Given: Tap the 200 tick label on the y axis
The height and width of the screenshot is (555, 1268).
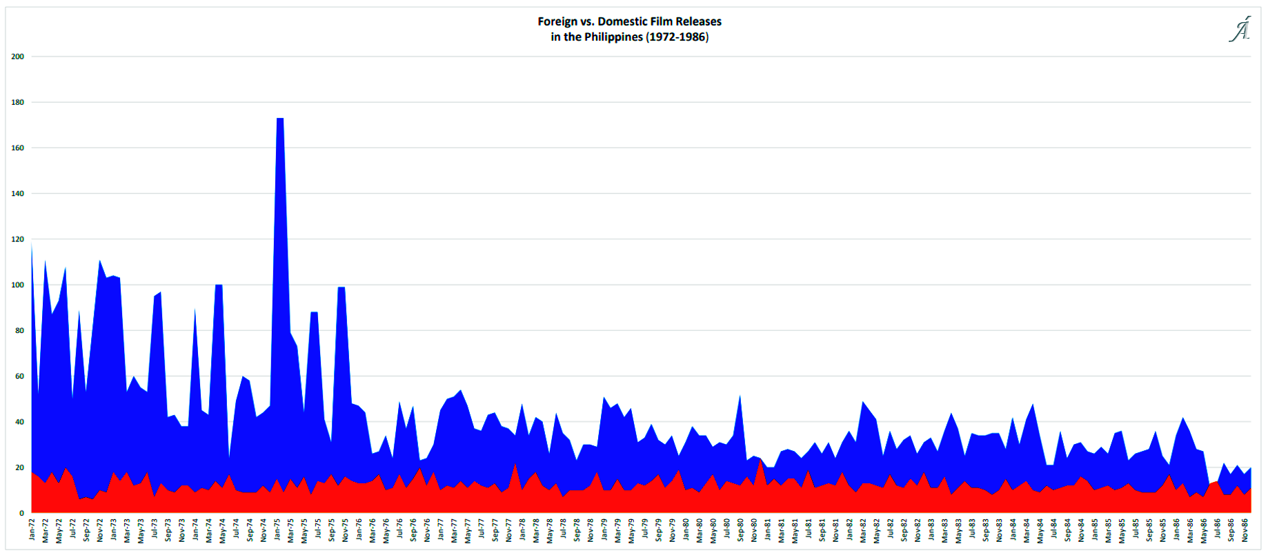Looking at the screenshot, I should click(x=17, y=57).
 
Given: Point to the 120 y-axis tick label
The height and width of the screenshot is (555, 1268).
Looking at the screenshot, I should click(x=17, y=239).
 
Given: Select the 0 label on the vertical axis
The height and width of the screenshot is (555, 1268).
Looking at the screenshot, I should click(x=21, y=513).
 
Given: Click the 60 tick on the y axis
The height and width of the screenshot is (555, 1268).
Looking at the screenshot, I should click(x=19, y=376).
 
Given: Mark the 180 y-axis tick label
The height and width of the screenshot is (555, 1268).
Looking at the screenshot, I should click(x=17, y=102).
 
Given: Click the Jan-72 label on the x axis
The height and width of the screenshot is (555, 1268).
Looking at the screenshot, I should click(x=32, y=529).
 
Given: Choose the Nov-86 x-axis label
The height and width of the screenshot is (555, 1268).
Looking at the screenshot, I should click(x=1245, y=529).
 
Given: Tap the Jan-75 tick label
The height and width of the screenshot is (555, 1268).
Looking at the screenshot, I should click(x=277, y=529).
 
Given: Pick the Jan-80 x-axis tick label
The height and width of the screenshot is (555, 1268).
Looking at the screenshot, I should click(x=686, y=529).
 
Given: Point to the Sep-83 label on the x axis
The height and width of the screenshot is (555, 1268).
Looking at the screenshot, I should click(x=987, y=529).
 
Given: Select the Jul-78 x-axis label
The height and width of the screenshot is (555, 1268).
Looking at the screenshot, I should click(x=564, y=529).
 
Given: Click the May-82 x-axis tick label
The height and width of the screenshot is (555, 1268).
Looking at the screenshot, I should click(x=877, y=529).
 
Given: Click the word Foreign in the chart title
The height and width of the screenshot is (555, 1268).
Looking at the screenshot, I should click(x=558, y=21).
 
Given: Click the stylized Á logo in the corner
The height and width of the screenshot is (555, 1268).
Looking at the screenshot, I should click(x=1240, y=30).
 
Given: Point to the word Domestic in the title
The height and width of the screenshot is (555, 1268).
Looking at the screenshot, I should click(x=622, y=21).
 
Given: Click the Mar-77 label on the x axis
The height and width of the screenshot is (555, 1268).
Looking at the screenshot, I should click(x=455, y=529).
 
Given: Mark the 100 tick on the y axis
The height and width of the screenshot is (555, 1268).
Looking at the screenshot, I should click(x=17, y=285).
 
